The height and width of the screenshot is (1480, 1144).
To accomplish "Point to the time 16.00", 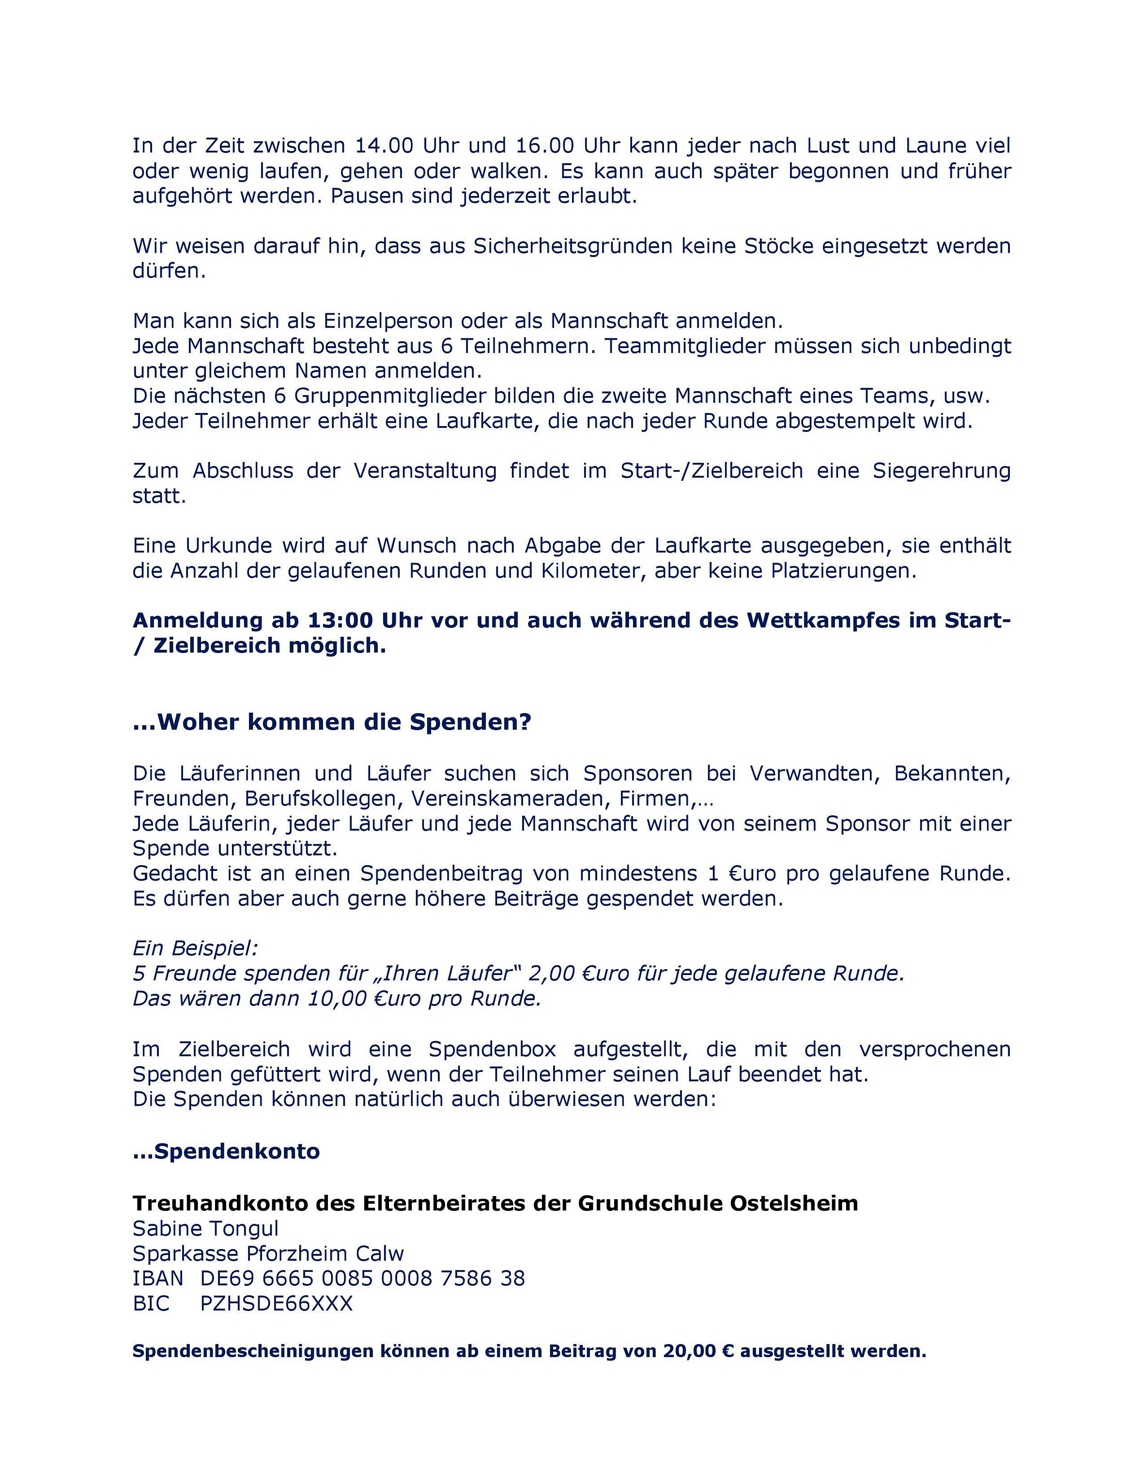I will [544, 146].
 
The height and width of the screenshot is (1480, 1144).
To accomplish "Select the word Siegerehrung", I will [941, 470].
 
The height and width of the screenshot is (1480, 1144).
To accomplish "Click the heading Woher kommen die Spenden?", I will [332, 722].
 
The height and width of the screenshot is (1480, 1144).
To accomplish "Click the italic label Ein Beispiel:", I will [195, 948].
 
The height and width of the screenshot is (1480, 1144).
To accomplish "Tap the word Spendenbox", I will [492, 1049].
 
